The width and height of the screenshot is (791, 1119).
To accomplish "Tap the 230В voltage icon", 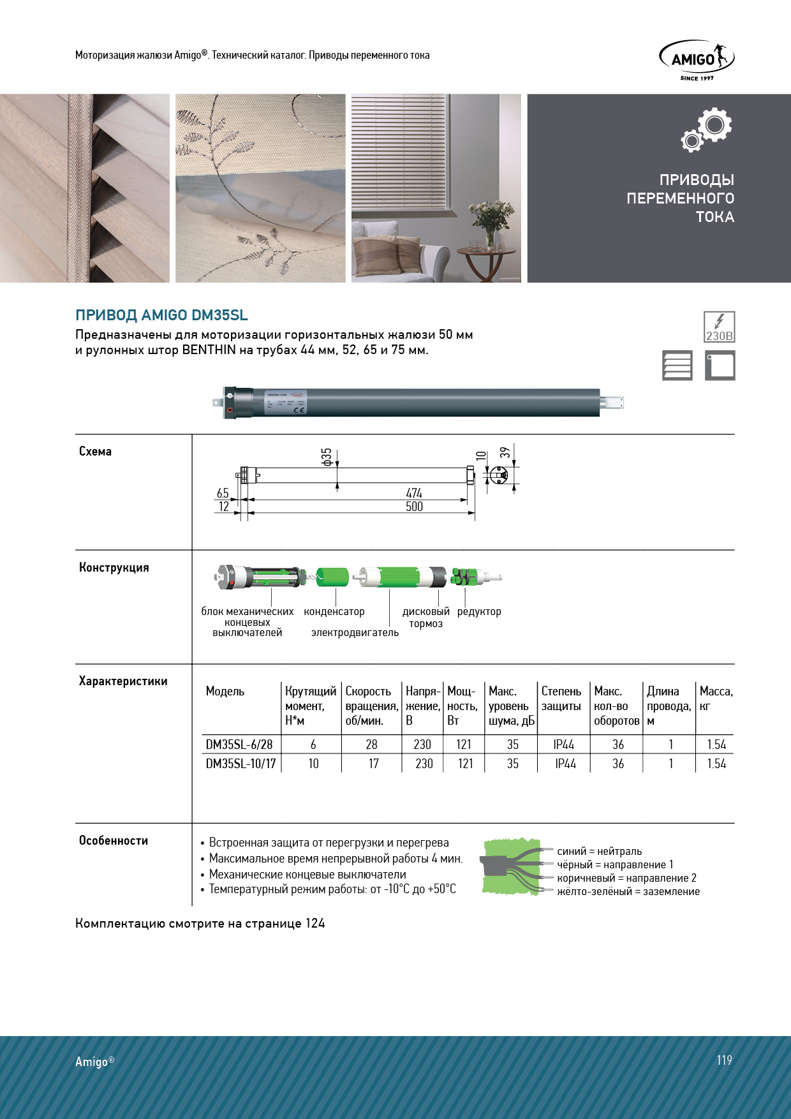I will pyautogui.click(x=719, y=327).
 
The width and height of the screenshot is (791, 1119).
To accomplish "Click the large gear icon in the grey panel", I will pyautogui.click(x=714, y=125).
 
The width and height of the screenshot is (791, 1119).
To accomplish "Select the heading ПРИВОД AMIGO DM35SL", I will pyautogui.click(x=161, y=315).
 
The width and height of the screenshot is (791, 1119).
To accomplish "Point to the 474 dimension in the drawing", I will pyautogui.click(x=414, y=493).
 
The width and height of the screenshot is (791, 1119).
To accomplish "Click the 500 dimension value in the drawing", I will pyautogui.click(x=414, y=507).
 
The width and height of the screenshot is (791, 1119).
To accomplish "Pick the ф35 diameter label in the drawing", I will pyautogui.click(x=327, y=457).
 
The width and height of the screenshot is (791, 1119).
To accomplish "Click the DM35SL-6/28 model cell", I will pyautogui.click(x=239, y=745).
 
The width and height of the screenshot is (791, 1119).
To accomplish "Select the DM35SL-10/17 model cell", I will pyautogui.click(x=240, y=764).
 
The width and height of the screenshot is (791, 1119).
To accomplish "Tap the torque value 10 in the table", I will pyautogui.click(x=313, y=764).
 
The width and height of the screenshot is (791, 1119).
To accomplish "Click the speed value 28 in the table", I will pyautogui.click(x=371, y=745).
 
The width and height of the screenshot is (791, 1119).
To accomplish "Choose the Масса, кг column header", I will pyautogui.click(x=716, y=699).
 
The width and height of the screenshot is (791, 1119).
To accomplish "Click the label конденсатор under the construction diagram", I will pyautogui.click(x=334, y=612).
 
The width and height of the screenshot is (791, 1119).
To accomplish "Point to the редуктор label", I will pyautogui.click(x=479, y=612).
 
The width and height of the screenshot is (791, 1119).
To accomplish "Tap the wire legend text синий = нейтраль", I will pyautogui.click(x=600, y=852).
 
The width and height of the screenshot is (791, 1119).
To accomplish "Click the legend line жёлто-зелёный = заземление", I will pyautogui.click(x=628, y=892).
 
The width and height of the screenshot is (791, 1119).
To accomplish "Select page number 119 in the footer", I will pyautogui.click(x=724, y=1060).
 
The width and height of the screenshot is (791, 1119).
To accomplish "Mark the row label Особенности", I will pyautogui.click(x=114, y=841).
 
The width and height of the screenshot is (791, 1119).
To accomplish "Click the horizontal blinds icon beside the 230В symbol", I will pyautogui.click(x=677, y=366).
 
